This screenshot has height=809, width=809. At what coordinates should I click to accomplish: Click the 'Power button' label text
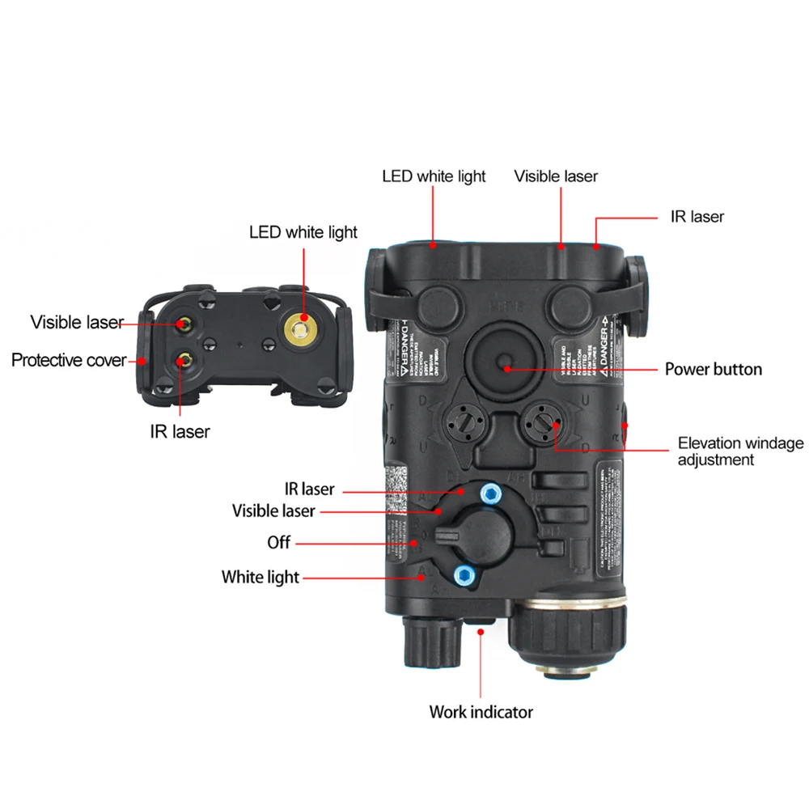[x=713, y=370]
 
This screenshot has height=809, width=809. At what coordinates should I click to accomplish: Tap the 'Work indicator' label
[x=481, y=712]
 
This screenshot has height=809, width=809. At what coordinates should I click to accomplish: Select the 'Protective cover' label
[x=69, y=359]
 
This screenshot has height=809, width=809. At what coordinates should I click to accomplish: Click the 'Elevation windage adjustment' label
[x=740, y=451]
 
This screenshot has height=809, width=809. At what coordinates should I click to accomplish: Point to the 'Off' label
[x=278, y=542]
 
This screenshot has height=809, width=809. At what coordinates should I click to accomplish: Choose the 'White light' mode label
[x=260, y=577]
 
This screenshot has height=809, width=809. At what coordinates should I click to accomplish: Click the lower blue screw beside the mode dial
[x=464, y=575]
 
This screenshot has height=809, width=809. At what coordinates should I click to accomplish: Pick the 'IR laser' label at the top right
[x=697, y=217]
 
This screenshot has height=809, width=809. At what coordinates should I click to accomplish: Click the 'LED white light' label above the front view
[x=303, y=233]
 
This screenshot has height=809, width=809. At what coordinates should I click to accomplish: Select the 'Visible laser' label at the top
[x=556, y=176]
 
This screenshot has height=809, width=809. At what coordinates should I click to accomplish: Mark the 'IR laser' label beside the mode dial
[x=309, y=489]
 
